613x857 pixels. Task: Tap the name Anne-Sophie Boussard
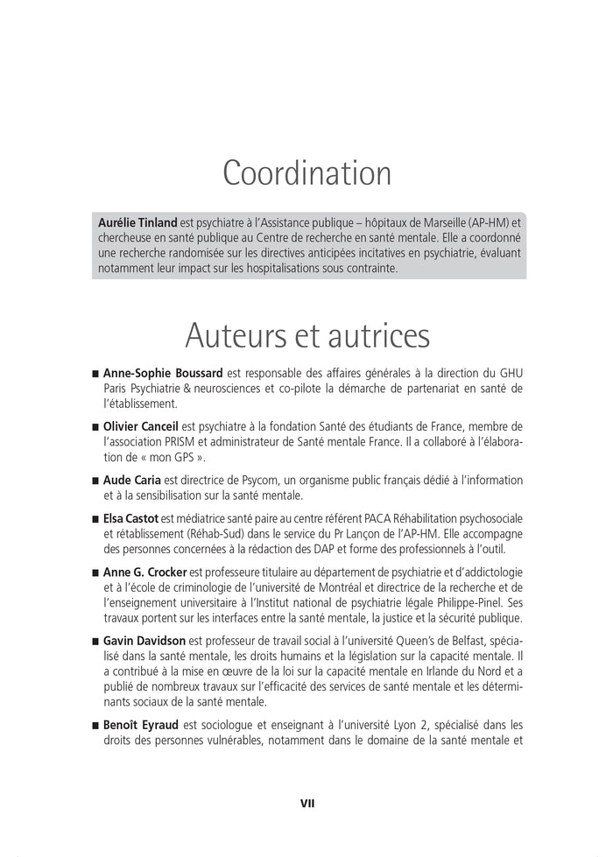[163, 372]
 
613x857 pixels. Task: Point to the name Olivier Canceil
[142, 426]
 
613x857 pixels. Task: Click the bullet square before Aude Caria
[95, 481]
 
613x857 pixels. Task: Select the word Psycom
[247, 481]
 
